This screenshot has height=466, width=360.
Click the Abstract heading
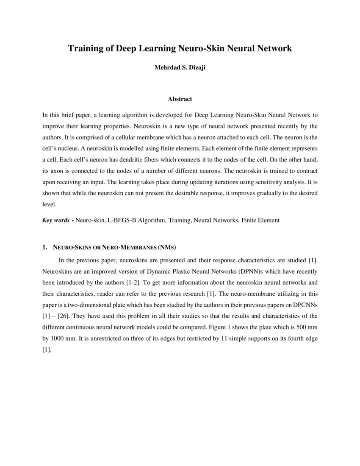(x=180, y=99)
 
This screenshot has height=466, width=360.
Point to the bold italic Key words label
(x=56, y=220)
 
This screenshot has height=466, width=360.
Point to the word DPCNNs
(x=305, y=305)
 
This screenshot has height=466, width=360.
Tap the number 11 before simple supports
(x=225, y=338)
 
